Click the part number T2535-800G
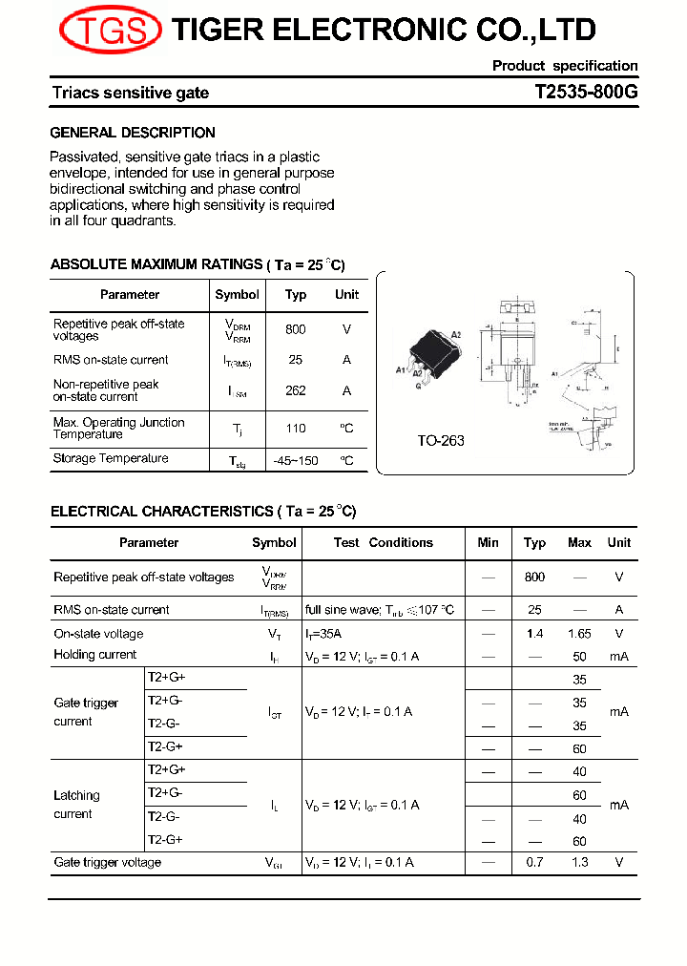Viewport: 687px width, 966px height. pos(586,93)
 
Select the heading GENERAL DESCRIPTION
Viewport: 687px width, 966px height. pos(133,133)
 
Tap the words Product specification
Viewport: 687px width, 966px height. pos(565,66)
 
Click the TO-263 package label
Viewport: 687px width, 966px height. pos(441,441)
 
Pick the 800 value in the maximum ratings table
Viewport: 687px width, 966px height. pos(296,329)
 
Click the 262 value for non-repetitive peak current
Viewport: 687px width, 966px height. pos(296,390)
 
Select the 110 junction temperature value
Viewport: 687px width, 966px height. pos(296,429)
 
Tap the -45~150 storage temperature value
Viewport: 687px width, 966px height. pos(296,460)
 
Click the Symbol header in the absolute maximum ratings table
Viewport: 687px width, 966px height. pos(237,295)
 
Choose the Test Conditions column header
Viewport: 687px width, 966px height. pos(384,543)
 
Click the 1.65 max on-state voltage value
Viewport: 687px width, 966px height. pos(579,634)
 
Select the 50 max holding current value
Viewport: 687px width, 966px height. pos(579,656)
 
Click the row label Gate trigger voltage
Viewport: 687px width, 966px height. pos(108,863)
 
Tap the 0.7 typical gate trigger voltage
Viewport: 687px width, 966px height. pos(534,863)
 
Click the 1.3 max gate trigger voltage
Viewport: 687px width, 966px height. pos(579,863)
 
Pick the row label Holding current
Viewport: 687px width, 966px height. pos(95,655)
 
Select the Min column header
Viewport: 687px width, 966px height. pos(488,543)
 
